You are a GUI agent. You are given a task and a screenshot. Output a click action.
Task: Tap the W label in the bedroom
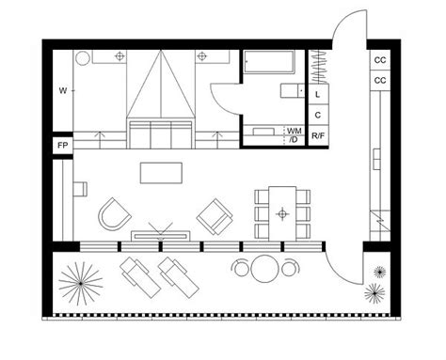[x=62, y=91]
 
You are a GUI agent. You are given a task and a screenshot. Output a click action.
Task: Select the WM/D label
[x=294, y=133]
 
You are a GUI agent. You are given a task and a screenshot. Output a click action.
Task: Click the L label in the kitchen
[x=319, y=95]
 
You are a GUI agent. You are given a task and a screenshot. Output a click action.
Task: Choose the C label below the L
[x=319, y=115]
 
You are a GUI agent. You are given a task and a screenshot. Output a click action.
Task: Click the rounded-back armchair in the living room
[x=114, y=212]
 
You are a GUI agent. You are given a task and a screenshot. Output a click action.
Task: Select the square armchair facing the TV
[x=214, y=217]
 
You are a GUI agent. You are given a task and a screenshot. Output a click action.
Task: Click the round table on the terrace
[x=264, y=270]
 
